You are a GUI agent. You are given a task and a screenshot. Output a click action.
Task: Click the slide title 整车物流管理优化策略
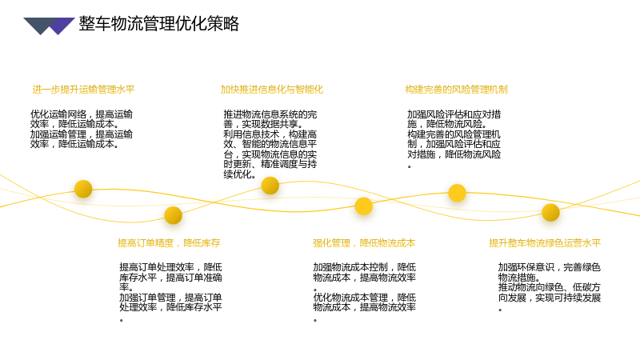pos(158,24)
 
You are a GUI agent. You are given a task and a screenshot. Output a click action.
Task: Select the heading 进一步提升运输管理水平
pos(83,90)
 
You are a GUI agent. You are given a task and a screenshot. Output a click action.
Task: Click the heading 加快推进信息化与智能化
pos(272,90)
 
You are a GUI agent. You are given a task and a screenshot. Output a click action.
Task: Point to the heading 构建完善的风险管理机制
pos(456,90)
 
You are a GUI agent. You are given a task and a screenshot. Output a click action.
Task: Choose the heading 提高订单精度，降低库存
pos(169,243)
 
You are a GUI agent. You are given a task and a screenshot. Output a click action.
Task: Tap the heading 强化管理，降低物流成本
pos(364,243)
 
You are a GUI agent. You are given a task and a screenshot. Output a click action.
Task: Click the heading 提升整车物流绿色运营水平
pos(545,243)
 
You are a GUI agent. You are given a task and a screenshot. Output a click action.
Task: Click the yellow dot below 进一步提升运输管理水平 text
pos(83,189)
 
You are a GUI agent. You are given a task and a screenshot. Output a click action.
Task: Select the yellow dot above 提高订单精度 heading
pos(173,215)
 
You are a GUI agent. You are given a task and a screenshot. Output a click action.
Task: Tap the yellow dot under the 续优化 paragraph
pos(270,186)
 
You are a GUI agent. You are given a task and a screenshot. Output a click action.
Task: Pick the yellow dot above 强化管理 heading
pos(364,206)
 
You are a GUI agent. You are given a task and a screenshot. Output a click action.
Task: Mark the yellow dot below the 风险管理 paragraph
pos(457,193)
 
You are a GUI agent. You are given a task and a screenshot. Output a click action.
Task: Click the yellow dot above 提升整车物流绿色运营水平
pos(550,213)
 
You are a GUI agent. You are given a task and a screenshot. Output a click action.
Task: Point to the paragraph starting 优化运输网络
pos(82,129)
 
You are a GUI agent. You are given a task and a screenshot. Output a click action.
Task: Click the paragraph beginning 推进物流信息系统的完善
pos(270,144)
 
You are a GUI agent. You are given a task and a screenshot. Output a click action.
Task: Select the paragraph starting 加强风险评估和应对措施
pos(454,139)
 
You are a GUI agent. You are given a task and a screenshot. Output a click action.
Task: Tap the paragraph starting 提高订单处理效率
pos(170,292)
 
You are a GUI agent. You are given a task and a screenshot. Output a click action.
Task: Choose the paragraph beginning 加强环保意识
pos(550,287)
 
